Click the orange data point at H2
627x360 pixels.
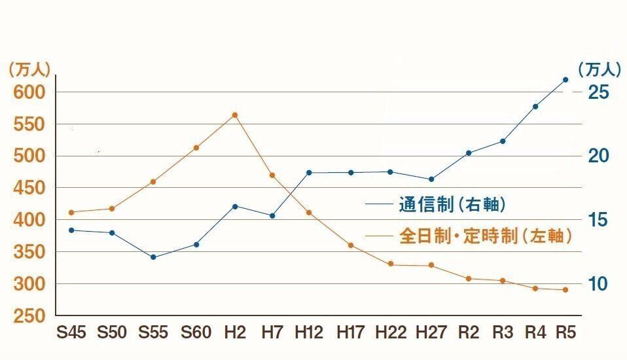(x=235, y=115)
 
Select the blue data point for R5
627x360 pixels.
(x=566, y=80)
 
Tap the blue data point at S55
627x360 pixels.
(x=153, y=257)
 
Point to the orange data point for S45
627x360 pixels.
(x=71, y=212)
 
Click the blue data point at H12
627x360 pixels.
(x=309, y=173)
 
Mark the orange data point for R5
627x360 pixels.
(x=566, y=290)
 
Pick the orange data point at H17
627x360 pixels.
(x=350, y=245)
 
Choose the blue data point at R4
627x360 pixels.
(x=535, y=106)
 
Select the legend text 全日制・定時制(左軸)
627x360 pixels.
(x=485, y=236)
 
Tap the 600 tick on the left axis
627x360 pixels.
(x=29, y=92)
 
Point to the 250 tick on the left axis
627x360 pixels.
(x=29, y=316)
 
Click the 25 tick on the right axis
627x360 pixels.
(x=598, y=92)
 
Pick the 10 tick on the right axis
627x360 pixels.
(x=598, y=284)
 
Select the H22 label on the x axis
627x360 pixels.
(x=390, y=333)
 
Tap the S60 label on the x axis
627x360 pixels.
(x=196, y=333)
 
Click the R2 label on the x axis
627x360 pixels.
(x=469, y=333)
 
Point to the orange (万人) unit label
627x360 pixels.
(x=29, y=69)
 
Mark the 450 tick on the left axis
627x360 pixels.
(x=29, y=189)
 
